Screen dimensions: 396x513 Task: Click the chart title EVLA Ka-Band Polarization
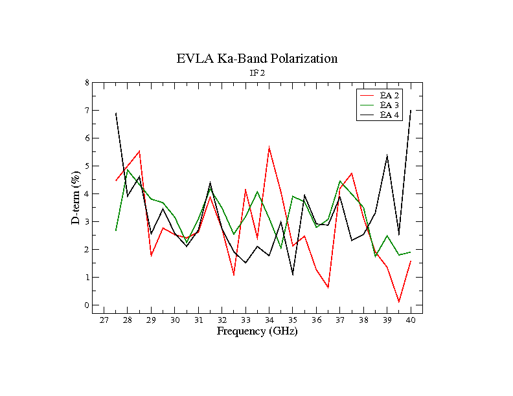click(x=256, y=58)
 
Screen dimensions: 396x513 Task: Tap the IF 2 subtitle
click(x=257, y=73)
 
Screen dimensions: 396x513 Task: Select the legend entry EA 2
click(x=389, y=96)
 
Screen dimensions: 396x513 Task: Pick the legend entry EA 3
click(x=389, y=105)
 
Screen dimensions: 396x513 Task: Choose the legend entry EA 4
click(x=389, y=115)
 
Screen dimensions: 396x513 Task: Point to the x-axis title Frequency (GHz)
click(x=256, y=331)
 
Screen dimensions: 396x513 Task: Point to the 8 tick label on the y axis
click(x=87, y=83)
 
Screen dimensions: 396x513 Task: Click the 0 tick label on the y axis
click(x=87, y=305)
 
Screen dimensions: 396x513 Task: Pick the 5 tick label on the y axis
click(x=87, y=166)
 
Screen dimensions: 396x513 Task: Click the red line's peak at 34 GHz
click(x=269, y=148)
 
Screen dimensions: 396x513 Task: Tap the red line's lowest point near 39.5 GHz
click(x=399, y=302)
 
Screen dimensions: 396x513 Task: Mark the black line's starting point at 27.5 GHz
click(x=116, y=113)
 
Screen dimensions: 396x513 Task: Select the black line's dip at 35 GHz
click(x=293, y=274)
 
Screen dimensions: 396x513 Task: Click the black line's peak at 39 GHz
click(x=387, y=155)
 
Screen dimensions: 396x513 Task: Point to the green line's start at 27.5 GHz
click(x=116, y=230)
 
